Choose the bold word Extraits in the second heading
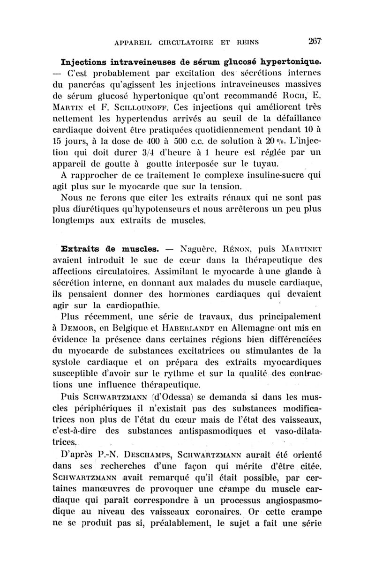click(84, 246)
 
